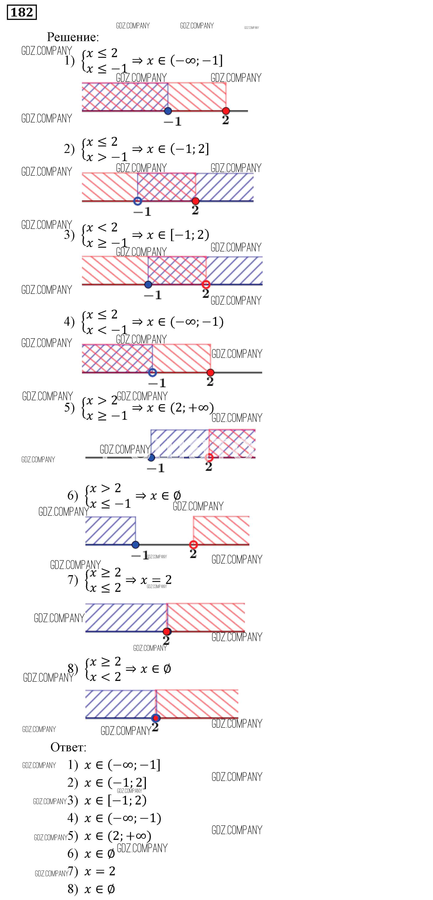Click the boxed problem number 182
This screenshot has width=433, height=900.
22,13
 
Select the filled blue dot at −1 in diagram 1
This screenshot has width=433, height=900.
168,111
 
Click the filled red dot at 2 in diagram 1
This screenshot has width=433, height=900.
226,111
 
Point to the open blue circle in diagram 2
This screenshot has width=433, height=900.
138,201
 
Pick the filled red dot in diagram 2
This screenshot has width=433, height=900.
195,201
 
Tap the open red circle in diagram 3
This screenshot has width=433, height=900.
206,284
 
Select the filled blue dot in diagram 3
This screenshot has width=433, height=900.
148,284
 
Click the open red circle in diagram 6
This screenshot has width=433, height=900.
193,544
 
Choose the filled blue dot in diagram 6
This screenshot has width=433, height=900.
136,544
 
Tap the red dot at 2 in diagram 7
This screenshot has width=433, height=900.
167,631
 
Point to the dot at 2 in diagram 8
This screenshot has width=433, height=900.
156,718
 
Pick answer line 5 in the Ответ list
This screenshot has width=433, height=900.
109,836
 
